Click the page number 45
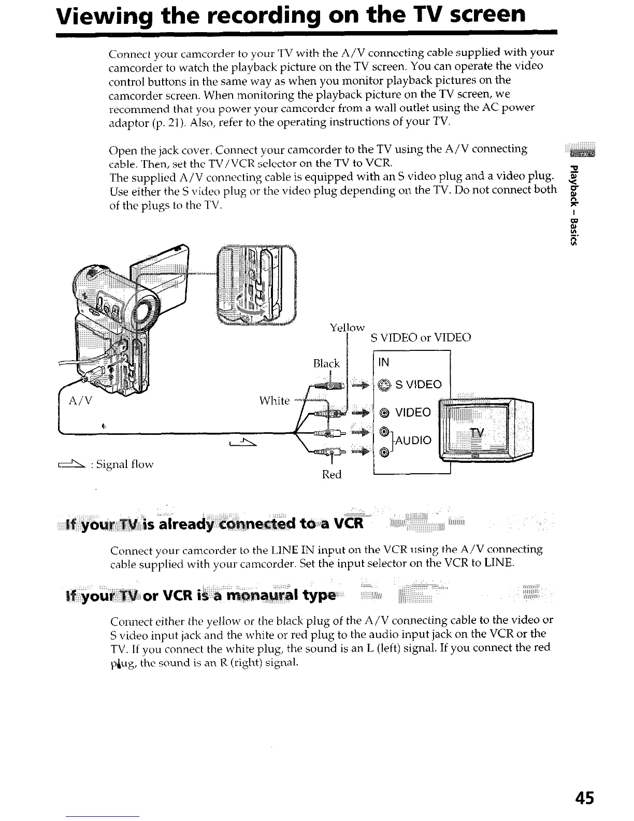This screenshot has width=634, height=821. [583, 797]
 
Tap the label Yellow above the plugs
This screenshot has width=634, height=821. [347, 328]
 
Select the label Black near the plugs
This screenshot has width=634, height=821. [326, 363]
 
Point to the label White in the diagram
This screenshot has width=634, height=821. [274, 400]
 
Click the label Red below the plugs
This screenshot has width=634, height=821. [332, 474]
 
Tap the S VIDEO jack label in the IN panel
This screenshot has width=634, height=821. [418, 385]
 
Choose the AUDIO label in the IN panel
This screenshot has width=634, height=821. [413, 440]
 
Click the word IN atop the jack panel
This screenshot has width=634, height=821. [384, 362]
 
